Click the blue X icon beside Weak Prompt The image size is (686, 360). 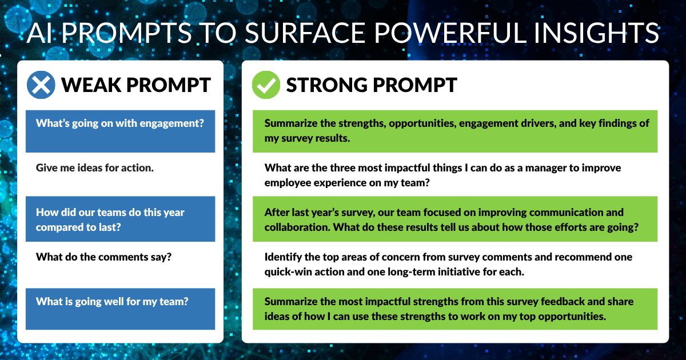(x=41, y=85)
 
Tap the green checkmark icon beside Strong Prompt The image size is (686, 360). (x=266, y=85)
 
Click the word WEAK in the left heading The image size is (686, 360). (x=91, y=85)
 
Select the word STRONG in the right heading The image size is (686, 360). (x=327, y=85)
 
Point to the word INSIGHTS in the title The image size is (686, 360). (x=596, y=33)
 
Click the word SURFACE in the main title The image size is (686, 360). (x=305, y=33)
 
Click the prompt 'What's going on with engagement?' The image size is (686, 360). (x=119, y=123)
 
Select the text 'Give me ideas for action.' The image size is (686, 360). (x=95, y=168)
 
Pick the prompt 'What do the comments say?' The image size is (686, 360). (x=103, y=257)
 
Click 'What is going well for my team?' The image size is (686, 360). (x=112, y=302)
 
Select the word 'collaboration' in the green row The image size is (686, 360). (x=297, y=227)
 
